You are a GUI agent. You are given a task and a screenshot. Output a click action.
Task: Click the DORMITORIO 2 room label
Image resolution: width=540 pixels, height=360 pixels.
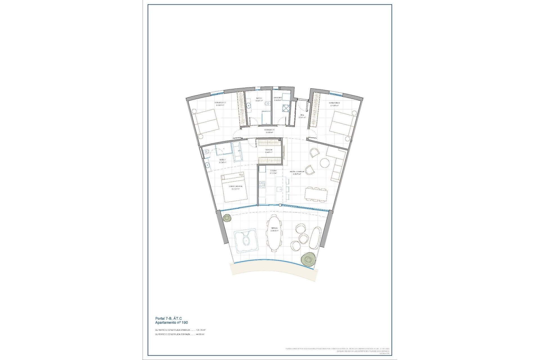point(220,103)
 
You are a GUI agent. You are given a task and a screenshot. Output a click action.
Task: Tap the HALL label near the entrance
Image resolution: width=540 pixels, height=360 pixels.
point(302,115)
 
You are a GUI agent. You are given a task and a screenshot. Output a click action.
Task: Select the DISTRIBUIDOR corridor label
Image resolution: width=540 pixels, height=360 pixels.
point(269,130)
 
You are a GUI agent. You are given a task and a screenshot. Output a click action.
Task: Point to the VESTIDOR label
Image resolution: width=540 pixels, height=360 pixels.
point(269,150)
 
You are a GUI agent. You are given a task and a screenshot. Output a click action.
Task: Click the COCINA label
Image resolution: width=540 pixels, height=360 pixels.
point(273,171)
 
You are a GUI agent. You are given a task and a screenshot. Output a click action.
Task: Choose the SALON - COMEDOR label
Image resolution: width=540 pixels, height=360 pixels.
point(297,171)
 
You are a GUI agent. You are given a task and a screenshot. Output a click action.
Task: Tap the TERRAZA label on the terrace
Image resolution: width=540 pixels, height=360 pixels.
point(274,228)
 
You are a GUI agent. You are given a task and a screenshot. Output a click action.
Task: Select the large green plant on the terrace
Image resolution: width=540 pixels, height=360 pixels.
point(308,259)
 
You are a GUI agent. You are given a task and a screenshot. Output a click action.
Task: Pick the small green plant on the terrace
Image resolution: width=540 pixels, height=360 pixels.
point(227,218)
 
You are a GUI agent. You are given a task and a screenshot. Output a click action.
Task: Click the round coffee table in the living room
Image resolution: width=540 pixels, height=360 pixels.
point(325,163)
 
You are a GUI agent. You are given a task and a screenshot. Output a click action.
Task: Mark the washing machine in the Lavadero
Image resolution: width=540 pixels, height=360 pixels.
point(286,108)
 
